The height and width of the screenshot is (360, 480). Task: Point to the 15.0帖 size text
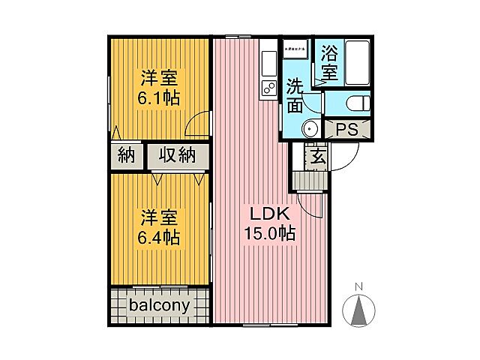point(268,234)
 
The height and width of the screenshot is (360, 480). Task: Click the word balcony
point(159,306)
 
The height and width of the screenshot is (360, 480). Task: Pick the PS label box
point(346,129)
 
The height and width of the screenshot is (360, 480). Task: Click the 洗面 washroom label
point(295,95)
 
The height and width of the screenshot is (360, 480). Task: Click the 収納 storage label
point(177,156)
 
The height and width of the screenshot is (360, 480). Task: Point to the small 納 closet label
point(126,156)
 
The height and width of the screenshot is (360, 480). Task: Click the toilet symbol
point(357,103)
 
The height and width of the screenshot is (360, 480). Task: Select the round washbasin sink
point(310,129)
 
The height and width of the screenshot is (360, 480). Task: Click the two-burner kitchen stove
point(268,88)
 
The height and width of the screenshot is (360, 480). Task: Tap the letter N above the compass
point(358,286)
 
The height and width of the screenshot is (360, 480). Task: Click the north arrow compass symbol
point(358,310)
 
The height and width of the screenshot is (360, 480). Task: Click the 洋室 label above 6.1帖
point(158,77)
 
